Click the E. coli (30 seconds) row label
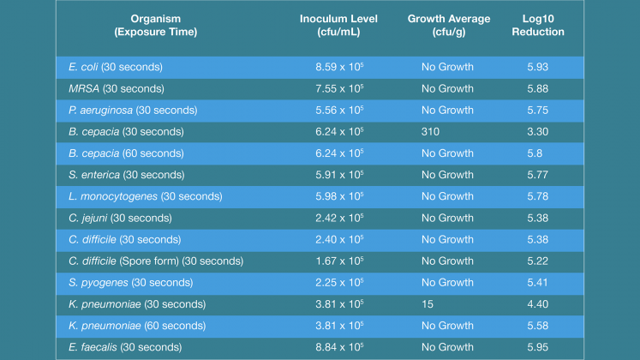pos(115,67)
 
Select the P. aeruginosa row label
pos(133,110)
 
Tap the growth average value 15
pos(427,304)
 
